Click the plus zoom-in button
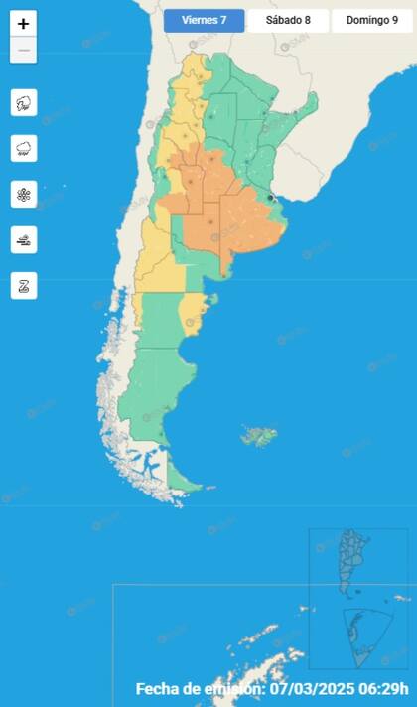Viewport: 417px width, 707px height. click(24, 24)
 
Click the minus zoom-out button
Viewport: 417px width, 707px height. click(24, 50)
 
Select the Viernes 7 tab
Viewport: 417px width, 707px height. click(204, 20)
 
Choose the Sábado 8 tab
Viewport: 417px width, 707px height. click(287, 20)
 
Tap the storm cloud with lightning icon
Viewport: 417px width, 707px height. click(24, 102)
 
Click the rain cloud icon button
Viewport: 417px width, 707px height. click(24, 148)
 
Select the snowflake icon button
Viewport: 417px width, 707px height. click(24, 194)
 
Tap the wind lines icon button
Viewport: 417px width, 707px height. click(24, 239)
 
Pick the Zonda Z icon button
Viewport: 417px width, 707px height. click(24, 285)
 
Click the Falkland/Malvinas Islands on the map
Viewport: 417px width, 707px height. click(259, 435)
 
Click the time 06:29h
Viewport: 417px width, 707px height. click(384, 689)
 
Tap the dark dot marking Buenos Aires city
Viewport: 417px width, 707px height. click(270, 198)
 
